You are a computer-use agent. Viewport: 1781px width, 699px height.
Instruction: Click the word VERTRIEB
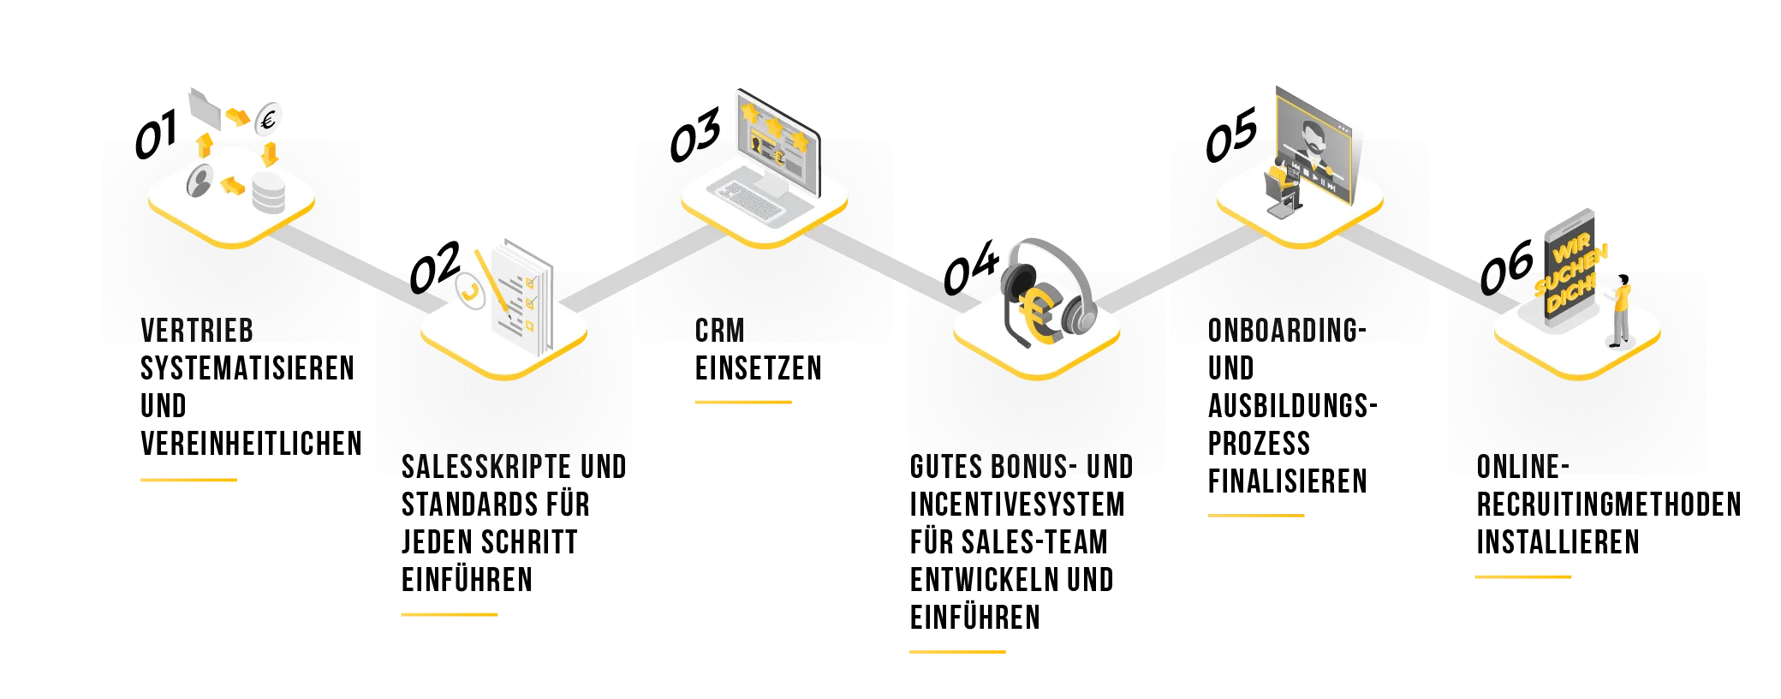[196, 331]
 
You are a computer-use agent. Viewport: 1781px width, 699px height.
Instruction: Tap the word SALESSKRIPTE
[485, 467]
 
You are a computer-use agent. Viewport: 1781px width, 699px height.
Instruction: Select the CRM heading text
[719, 331]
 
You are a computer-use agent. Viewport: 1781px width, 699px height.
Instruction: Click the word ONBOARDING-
[1286, 331]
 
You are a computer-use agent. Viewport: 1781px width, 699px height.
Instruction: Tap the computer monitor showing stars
[776, 137]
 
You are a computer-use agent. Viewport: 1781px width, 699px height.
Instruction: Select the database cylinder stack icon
[268, 193]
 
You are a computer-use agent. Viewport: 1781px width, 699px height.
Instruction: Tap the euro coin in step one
[269, 121]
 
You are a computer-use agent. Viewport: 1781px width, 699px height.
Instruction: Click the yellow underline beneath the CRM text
[742, 401]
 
